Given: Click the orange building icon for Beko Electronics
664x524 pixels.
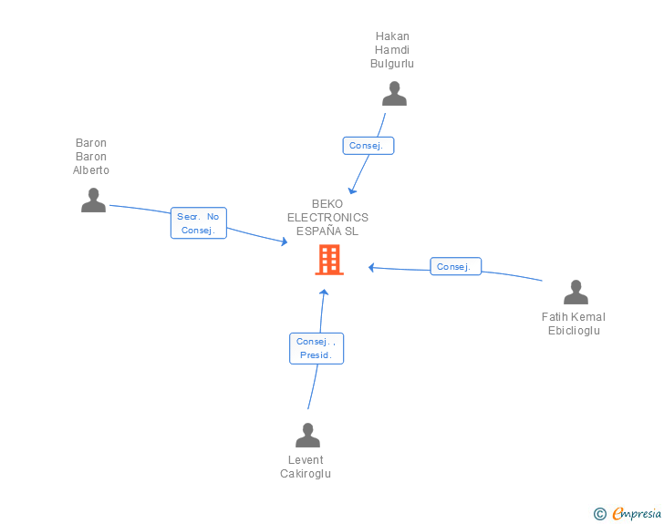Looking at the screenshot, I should [x=329, y=260].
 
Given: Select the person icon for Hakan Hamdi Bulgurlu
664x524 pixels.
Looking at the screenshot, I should [x=394, y=94].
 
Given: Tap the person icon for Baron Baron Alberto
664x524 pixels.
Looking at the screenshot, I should [x=93, y=200].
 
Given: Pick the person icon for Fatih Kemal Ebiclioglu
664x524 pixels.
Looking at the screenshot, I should [x=576, y=293].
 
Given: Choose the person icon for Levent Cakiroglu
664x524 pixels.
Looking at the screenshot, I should [x=307, y=436].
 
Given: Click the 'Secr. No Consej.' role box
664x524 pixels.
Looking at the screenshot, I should [x=199, y=223].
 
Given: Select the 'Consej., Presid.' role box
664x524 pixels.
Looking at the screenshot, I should [x=316, y=348].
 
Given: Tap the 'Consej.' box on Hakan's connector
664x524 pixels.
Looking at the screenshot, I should [x=368, y=146].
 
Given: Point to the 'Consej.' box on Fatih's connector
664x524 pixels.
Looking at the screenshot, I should [x=455, y=267].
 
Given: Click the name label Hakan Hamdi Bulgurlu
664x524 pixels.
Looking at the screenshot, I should [x=392, y=50].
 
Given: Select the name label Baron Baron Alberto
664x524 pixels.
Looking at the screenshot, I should [x=91, y=157].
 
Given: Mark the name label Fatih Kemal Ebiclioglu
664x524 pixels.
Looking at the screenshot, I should [x=574, y=324].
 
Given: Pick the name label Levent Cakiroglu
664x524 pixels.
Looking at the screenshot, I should [x=306, y=467].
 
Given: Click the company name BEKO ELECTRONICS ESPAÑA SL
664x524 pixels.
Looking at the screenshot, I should [x=327, y=218].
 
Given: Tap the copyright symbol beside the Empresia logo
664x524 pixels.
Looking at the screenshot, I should [x=600, y=515].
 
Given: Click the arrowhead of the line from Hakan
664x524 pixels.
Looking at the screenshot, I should [x=352, y=190].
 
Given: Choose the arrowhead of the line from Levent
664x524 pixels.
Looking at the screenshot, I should [x=323, y=292].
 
